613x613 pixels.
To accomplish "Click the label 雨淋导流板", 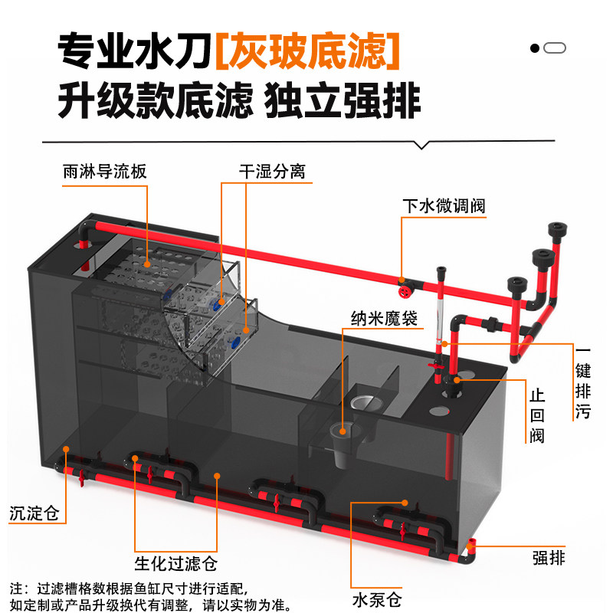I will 104,171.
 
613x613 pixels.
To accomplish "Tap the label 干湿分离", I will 271,171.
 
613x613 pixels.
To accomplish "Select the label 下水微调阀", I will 444,206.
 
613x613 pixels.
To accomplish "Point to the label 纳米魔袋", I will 385,319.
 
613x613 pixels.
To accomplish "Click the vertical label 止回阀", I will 536,417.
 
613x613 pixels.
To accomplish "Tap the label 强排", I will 549,558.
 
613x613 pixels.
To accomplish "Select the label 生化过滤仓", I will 175,565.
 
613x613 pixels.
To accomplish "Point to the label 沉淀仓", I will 34,513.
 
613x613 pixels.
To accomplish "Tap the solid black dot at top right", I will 535,48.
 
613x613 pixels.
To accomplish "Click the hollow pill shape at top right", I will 555,48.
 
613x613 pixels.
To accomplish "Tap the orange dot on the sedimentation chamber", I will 67,449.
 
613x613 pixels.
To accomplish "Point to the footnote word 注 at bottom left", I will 17,588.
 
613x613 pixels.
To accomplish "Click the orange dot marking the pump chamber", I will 352,504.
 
